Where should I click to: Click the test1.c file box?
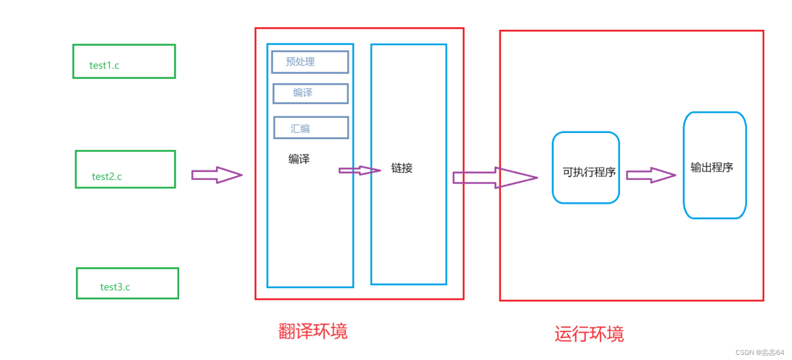[124, 61]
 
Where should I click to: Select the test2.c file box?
[125, 169]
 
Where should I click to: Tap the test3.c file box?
[127, 283]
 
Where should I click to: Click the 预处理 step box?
[310, 62]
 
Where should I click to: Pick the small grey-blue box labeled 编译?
[310, 93]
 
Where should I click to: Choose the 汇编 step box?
[311, 128]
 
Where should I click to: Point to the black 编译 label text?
[299, 159]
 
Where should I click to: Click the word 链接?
[401, 168]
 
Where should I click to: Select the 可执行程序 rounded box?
[586, 167]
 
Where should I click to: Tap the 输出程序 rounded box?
[714, 165]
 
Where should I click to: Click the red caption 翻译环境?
[313, 331]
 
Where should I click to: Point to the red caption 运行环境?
[589, 334]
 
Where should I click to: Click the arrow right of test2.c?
[216, 175]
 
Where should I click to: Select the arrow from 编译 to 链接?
[359, 170]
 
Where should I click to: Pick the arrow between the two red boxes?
[494, 178]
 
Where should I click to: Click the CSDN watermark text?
[759, 352]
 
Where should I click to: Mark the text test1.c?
[104, 66]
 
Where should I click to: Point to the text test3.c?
[115, 287]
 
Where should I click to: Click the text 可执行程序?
[589, 173]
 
